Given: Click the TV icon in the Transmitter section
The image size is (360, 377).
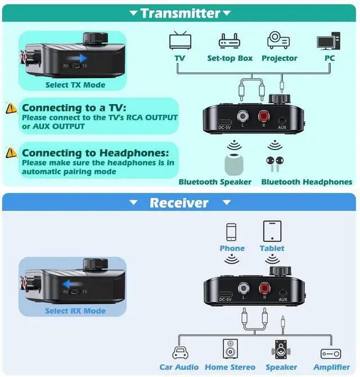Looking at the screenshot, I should [180, 41].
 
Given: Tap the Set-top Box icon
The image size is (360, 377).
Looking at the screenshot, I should [229, 41].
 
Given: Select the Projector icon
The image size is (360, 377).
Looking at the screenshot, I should [279, 41].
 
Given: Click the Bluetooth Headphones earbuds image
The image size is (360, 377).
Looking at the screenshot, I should [274, 162].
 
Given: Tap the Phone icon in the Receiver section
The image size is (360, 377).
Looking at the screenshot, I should [231, 232].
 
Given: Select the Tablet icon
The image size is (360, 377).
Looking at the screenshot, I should [272, 231].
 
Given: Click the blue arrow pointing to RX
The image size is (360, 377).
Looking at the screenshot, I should [70, 285].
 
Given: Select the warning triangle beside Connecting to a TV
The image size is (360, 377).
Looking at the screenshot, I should [11, 108].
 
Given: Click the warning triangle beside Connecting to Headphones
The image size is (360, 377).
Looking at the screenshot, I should [11, 152].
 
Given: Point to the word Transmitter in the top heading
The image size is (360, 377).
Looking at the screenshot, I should [180, 13].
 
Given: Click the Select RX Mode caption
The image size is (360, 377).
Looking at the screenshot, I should [75, 311].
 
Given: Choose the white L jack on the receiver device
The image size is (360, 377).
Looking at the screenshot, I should [244, 289].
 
